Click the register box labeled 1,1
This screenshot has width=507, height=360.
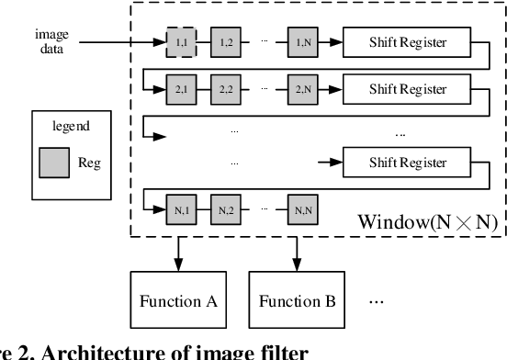181,42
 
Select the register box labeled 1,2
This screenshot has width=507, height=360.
226,42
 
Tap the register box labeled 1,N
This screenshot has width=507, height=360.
301,42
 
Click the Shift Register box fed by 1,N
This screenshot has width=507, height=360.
407,42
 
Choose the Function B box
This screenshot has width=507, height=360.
297,301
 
